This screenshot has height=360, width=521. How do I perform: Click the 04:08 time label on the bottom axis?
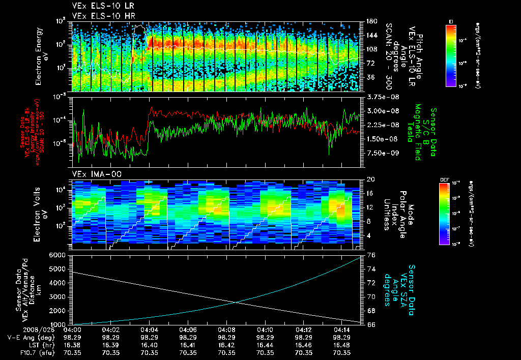pos(226,329)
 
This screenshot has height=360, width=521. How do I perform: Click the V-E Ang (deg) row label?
pos(31,337)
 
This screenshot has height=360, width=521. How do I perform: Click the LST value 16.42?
pos(226,344)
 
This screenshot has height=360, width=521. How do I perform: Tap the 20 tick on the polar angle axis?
pos(370,179)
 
